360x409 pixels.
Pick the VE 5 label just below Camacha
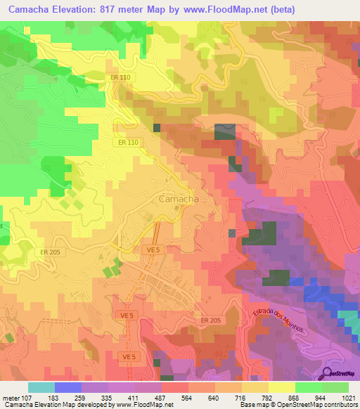tap(154, 249)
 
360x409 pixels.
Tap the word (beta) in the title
tap(281, 9)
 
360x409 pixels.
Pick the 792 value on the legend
tap(268, 397)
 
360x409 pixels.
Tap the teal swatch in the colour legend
tap(41, 387)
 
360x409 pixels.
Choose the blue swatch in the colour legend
tap(68, 387)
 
